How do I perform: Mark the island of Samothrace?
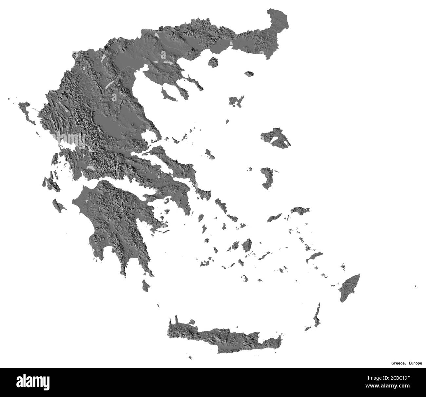pos(250,74)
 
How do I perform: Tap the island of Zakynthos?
pos(59,206)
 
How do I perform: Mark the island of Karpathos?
pos(316,317)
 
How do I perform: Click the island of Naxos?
pos(247,244)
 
